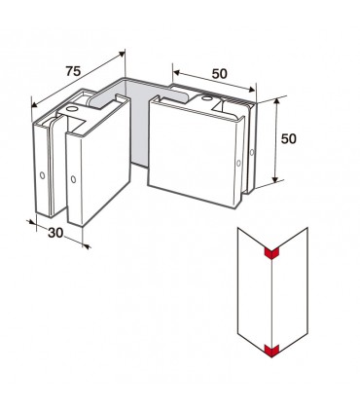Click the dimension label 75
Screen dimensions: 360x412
[x=73, y=71]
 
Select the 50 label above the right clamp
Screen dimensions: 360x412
[x=220, y=74]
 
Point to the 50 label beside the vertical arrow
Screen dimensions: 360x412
[x=288, y=139]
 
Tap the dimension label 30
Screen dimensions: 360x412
[x=55, y=233]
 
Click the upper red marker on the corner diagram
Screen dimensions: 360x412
[x=272, y=253]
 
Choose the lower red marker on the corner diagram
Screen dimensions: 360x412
[x=272, y=351]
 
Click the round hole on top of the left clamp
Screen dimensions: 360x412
[x=71, y=108]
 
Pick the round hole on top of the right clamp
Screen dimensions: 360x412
[x=206, y=98]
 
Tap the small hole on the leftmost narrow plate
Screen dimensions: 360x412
[x=42, y=175]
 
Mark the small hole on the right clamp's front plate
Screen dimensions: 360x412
[x=238, y=163]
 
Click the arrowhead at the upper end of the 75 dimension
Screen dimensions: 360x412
[x=122, y=54]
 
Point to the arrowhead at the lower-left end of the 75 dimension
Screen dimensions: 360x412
[x=34, y=104]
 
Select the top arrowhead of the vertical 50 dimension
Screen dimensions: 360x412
[x=276, y=101]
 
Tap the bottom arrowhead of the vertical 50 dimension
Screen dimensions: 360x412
[x=275, y=179]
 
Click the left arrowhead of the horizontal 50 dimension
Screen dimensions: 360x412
[x=176, y=73]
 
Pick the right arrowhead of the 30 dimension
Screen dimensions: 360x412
[x=87, y=246]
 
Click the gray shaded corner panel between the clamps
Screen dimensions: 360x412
[x=138, y=125]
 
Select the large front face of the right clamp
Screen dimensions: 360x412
[x=193, y=154]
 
